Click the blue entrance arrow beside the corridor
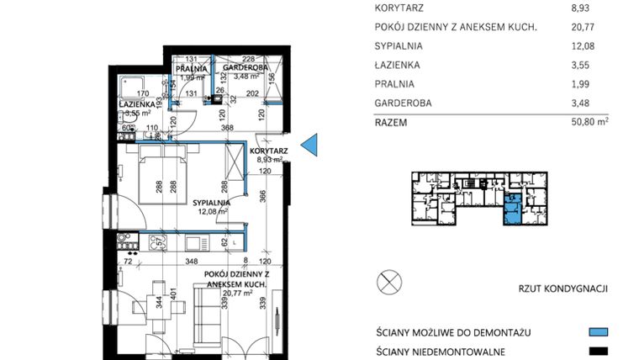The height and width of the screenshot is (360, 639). (309, 145)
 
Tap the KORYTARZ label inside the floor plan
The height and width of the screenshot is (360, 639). (269, 151)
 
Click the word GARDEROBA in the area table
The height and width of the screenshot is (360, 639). (403, 103)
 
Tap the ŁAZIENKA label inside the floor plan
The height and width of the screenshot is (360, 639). (135, 104)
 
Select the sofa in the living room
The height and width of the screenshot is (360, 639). (204, 315)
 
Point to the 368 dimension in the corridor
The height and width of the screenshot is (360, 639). (226, 129)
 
